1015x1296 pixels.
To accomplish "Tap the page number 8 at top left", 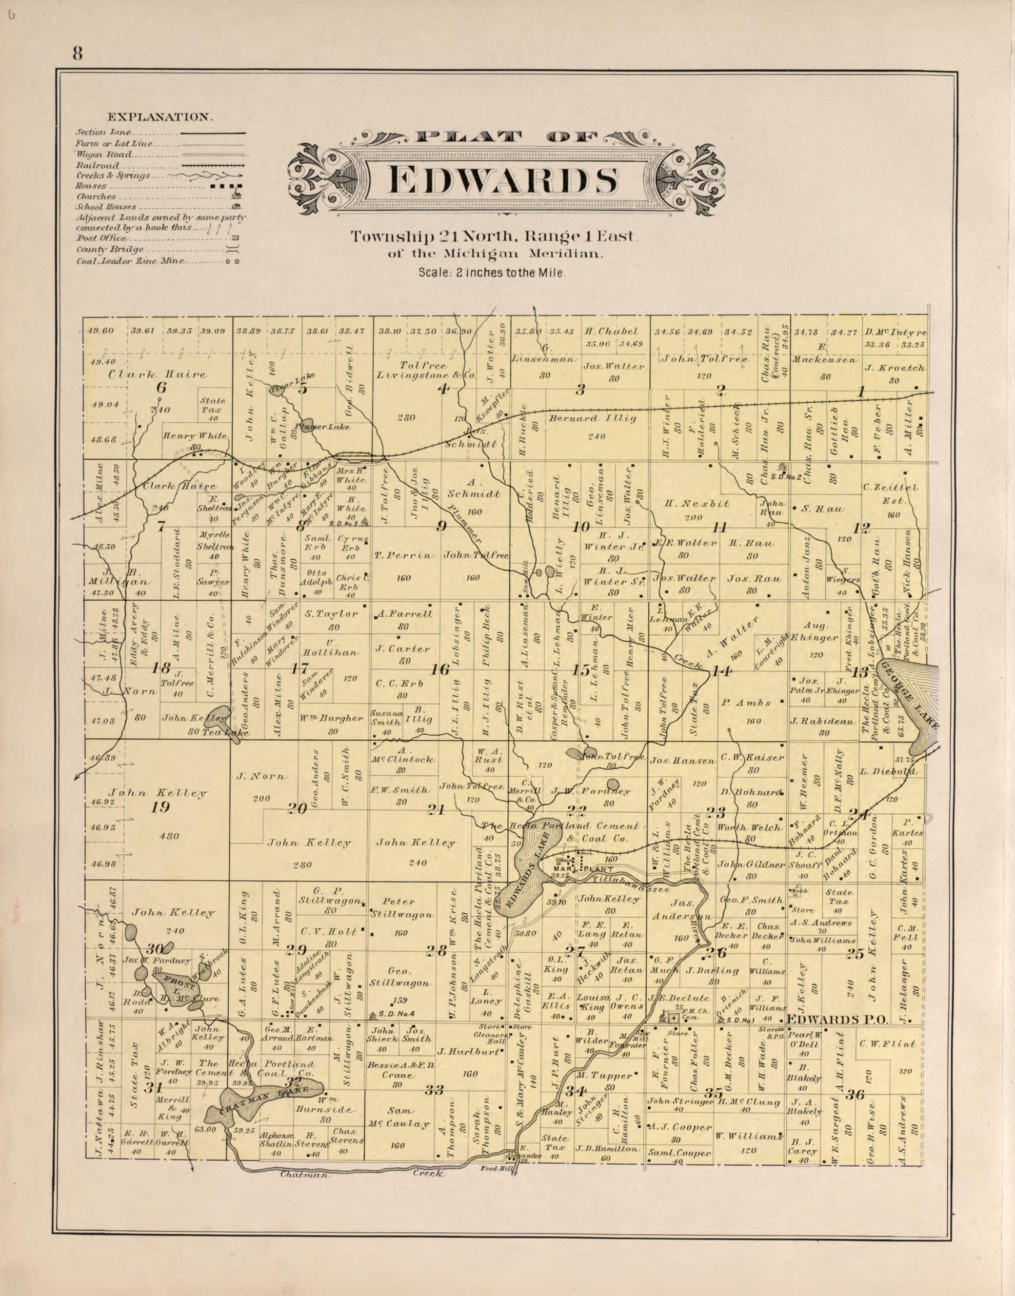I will point(78,54).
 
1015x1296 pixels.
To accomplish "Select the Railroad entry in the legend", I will point(97,165).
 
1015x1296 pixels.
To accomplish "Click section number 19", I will point(161,807).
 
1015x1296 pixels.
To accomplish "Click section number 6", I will point(161,387).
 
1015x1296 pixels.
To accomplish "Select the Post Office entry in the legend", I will point(101,238).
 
